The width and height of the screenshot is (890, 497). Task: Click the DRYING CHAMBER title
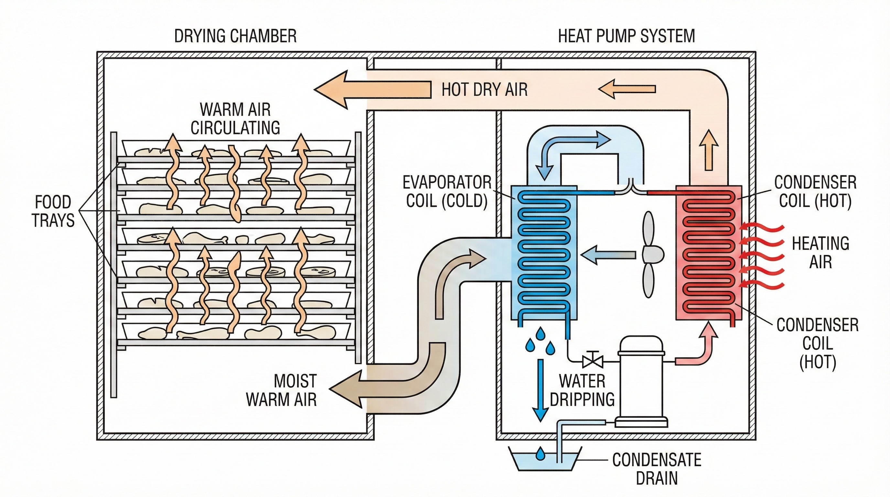point(235,36)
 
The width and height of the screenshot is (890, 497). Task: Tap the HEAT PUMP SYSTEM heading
point(626,36)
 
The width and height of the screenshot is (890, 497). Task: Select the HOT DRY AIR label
point(484,90)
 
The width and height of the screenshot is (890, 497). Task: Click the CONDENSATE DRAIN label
point(657,469)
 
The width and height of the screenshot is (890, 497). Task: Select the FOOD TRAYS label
point(53,211)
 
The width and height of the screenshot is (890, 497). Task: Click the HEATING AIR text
point(820,252)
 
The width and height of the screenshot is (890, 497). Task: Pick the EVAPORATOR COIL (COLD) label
point(447,192)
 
